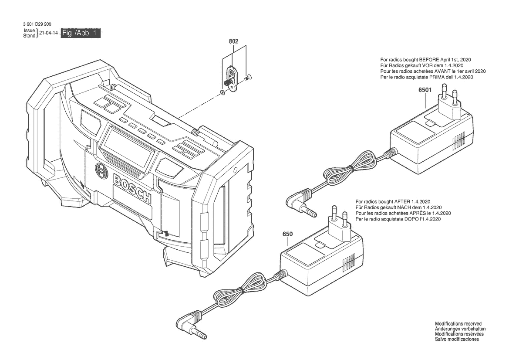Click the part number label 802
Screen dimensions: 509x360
pos(233,41)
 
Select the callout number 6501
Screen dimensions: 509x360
pos(425,90)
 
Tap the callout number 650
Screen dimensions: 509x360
pos(288,234)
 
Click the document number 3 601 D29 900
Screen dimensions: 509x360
pos(37,24)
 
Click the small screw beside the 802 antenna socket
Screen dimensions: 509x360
pos(249,77)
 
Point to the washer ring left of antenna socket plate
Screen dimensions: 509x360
pos(222,93)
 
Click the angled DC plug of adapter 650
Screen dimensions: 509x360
pos(192,325)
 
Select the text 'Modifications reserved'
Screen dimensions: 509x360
pos(458,324)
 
